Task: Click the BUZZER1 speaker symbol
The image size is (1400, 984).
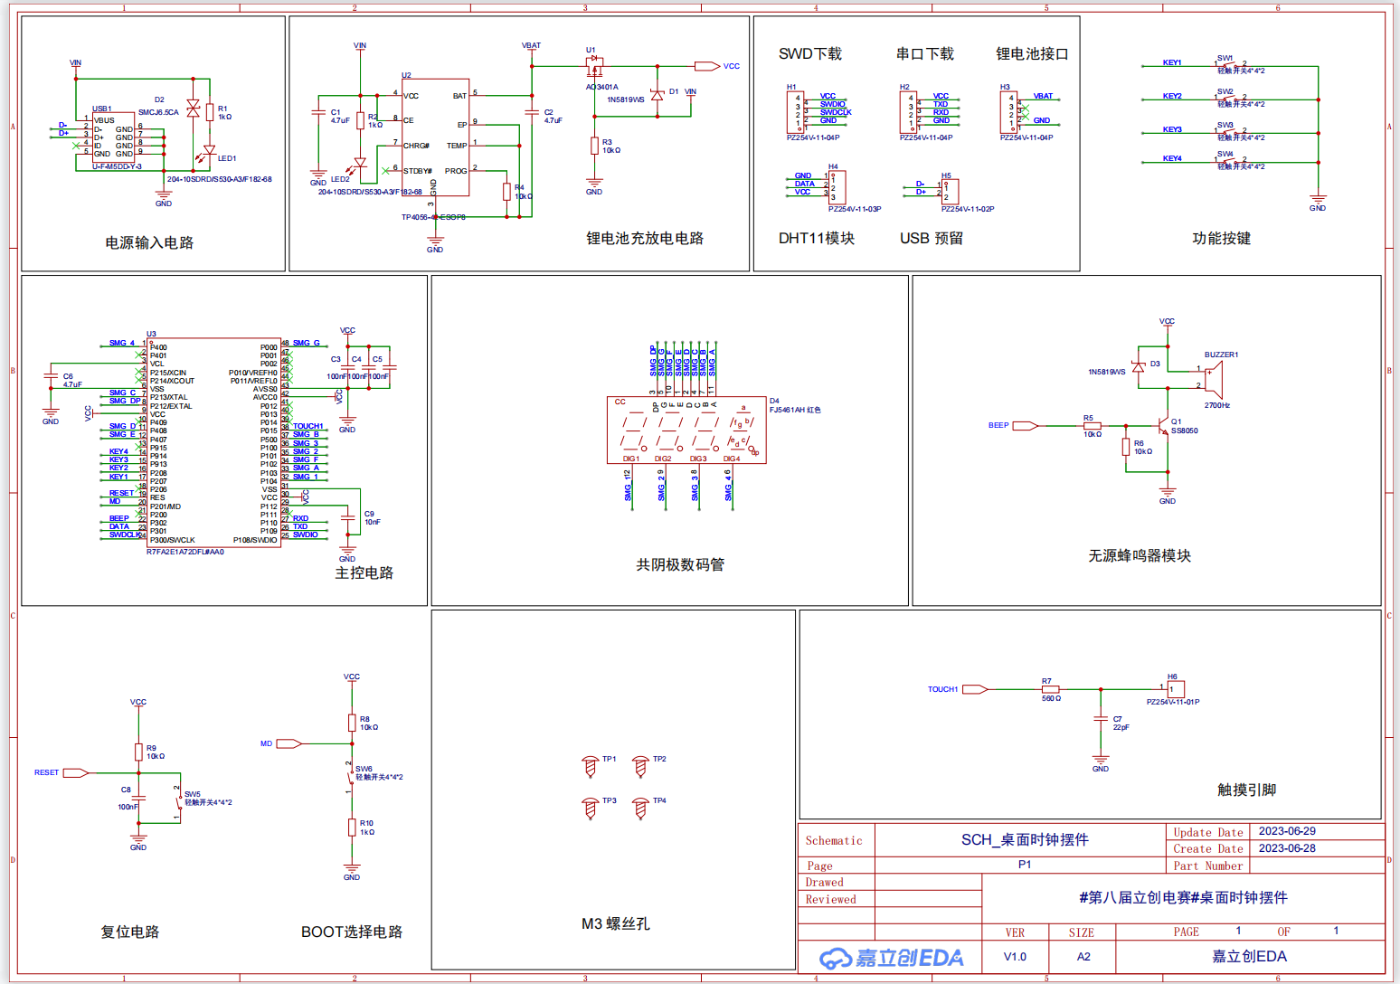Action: [1214, 380]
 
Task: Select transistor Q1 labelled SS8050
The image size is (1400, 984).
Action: [1164, 425]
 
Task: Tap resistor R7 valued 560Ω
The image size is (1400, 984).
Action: [1050, 689]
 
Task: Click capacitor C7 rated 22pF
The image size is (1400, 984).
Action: [1101, 719]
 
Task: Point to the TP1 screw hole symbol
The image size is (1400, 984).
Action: [591, 767]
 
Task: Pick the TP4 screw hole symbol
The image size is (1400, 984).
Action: [640, 808]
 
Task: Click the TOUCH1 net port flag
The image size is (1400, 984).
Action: [975, 689]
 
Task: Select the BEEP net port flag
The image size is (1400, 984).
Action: [1025, 425]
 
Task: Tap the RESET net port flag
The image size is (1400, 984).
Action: [75, 772]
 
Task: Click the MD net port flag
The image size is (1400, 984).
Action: [289, 743]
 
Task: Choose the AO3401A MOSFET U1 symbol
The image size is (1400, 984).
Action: [595, 66]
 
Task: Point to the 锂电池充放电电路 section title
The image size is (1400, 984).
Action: [644, 239]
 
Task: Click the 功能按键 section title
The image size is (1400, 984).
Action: [1221, 239]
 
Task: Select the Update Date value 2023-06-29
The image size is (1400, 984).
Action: [1287, 831]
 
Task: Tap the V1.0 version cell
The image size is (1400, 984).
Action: [1015, 957]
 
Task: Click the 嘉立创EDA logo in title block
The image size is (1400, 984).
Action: [891, 958]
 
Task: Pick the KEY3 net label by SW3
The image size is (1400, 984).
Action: [1172, 129]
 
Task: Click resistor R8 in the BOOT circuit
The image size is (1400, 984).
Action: [352, 722]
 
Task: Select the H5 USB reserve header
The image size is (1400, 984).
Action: [949, 191]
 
